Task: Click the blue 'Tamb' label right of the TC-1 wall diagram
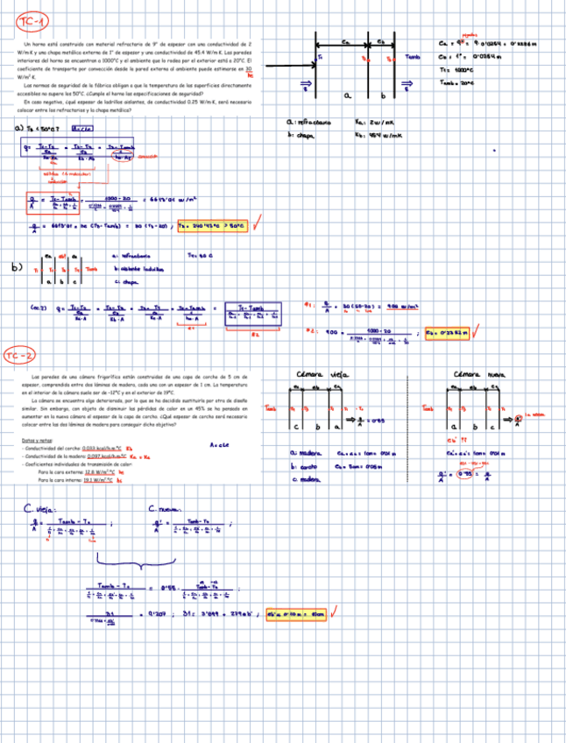click(413, 58)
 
